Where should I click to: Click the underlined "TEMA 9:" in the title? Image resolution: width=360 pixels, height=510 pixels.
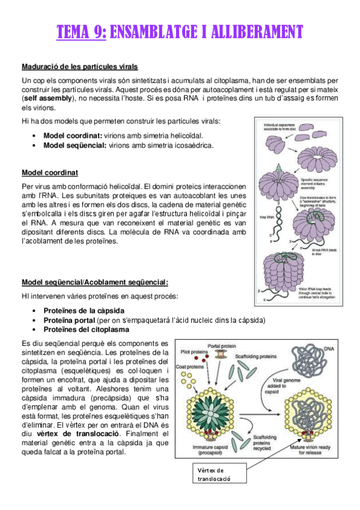(81, 31)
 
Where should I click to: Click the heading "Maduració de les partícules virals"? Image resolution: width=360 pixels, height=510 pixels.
(79, 66)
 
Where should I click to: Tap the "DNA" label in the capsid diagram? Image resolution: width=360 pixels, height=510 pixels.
(329, 349)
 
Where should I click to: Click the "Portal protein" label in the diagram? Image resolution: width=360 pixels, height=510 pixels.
(224, 346)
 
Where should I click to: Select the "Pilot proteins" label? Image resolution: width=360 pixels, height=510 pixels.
(190, 351)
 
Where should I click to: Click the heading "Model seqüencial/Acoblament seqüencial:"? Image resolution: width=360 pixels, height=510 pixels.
(95, 283)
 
